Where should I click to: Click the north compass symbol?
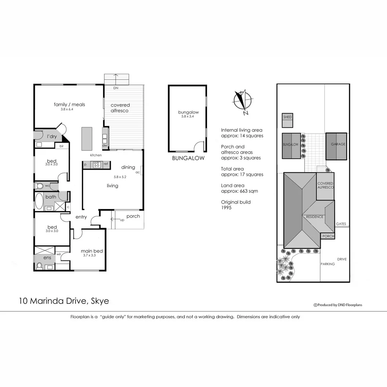tap(243, 101)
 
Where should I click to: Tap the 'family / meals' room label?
tap(69, 105)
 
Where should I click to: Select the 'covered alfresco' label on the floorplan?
tap(120, 107)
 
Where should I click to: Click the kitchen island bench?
tap(87, 139)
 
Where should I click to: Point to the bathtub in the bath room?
tap(39, 202)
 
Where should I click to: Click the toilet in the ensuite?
tap(40, 266)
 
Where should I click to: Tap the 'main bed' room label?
tap(88, 251)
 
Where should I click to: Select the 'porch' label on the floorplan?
tap(133, 216)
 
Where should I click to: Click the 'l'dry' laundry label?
tap(52, 137)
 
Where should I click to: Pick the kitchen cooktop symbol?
tap(97, 164)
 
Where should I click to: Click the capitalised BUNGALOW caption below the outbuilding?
tap(188, 158)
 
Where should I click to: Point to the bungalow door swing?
tap(198, 146)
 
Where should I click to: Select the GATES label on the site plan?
tap(341, 224)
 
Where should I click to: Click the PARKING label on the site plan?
tap(328, 264)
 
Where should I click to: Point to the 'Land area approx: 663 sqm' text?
tap(239, 188)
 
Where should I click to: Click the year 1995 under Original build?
tap(226, 207)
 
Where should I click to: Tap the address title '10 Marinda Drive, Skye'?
tap(64, 301)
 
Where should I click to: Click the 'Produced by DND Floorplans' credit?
tap(338, 305)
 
